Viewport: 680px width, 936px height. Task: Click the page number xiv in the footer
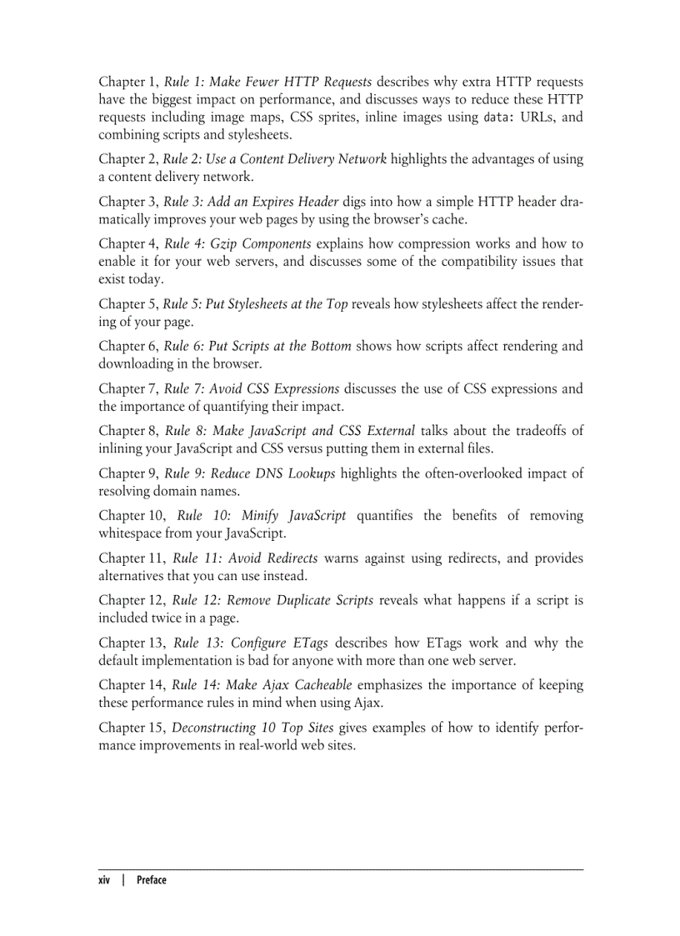pyautogui.click(x=104, y=879)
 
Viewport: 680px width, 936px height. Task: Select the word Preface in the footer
pyautogui.click(x=151, y=879)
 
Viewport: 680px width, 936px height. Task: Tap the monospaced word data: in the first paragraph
pyautogui.click(x=503, y=118)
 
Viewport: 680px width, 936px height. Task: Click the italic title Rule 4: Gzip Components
pyautogui.click(x=237, y=244)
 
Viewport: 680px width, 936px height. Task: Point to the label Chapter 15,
pyautogui.click(x=132, y=728)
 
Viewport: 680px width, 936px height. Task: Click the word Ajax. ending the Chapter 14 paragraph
pyautogui.click(x=365, y=703)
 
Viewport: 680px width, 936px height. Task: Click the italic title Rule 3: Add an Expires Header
pyautogui.click(x=252, y=202)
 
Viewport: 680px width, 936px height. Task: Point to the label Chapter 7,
pyautogui.click(x=128, y=389)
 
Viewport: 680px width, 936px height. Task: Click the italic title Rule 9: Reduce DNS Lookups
pyautogui.click(x=250, y=474)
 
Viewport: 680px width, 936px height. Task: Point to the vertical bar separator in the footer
pyautogui.click(x=123, y=879)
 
